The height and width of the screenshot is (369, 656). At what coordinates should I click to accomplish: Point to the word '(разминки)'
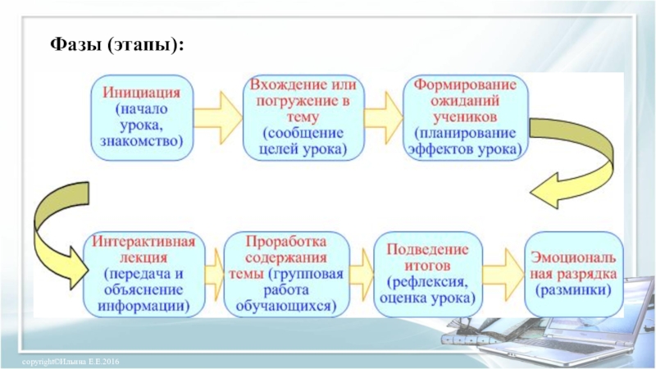574,290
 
